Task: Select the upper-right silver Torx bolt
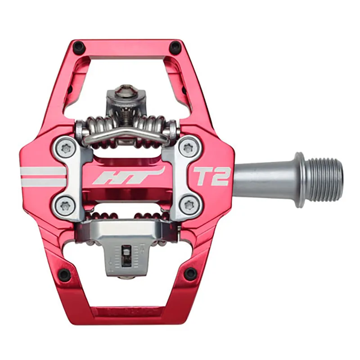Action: (188, 148)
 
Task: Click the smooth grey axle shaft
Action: (263, 177)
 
